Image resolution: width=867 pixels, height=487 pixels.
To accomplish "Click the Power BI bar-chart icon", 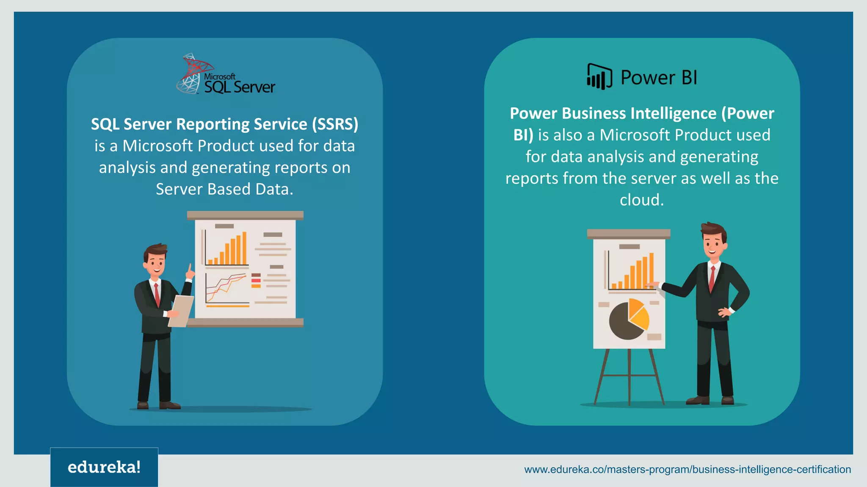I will (x=599, y=77).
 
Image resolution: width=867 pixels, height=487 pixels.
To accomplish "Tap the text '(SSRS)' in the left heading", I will (x=335, y=124).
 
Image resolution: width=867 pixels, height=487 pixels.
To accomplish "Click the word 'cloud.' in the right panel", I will (x=642, y=200).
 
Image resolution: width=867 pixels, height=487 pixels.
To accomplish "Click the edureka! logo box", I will (x=104, y=467).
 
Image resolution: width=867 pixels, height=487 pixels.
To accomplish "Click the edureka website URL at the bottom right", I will (x=687, y=469).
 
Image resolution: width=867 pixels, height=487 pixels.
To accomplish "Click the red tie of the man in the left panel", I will (x=157, y=294).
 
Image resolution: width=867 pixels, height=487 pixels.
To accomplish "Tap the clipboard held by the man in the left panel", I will (x=181, y=311).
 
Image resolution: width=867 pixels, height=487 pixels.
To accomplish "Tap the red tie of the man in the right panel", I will (x=712, y=279).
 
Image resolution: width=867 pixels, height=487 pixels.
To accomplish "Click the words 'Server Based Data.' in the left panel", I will (x=224, y=189).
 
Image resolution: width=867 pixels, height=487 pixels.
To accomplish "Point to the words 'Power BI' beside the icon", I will (x=658, y=78).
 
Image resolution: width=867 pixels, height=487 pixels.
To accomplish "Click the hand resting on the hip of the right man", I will (x=725, y=312).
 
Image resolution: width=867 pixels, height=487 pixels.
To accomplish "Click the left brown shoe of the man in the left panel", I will (x=143, y=405).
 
